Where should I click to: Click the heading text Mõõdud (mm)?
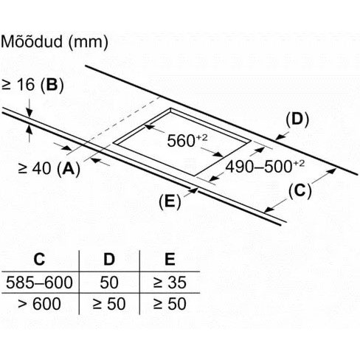pyautogui.click(x=55, y=42)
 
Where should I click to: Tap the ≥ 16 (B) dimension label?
pyautogui.click(x=32, y=86)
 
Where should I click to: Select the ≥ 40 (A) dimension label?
pyautogui.click(x=49, y=169)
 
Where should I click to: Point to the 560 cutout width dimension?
pyautogui.click(x=187, y=140)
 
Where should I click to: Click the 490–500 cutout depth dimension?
pyautogui.click(x=265, y=167)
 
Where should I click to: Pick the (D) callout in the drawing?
pyautogui.click(x=297, y=120)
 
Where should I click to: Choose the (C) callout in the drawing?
pyautogui.click(x=300, y=191)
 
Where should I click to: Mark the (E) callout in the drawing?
pyautogui.click(x=170, y=202)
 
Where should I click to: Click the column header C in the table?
pyautogui.click(x=39, y=259)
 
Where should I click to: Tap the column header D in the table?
pyautogui.click(x=109, y=259)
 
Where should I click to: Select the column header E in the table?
pyautogui.click(x=170, y=259)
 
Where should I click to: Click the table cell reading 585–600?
pyautogui.click(x=39, y=283)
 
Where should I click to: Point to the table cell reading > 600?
pyautogui.click(x=39, y=304)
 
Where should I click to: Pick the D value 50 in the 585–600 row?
pyautogui.click(x=109, y=283)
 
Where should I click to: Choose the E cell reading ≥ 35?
pyautogui.click(x=170, y=283)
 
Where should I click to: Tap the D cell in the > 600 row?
pyautogui.click(x=109, y=304)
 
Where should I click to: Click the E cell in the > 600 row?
pyautogui.click(x=170, y=304)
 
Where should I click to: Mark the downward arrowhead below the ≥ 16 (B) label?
pyautogui.click(x=30, y=112)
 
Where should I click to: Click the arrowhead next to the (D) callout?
pyautogui.click(x=280, y=137)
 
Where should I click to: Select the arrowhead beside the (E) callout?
pyautogui.click(x=194, y=190)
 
